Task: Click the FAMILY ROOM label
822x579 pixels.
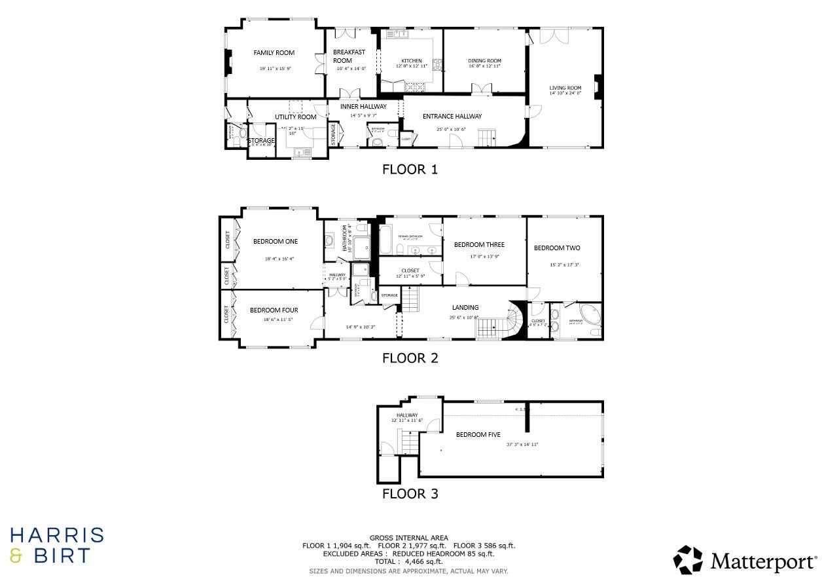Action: pyautogui.click(x=274, y=53)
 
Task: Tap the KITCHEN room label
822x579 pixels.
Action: pyautogui.click(x=412, y=61)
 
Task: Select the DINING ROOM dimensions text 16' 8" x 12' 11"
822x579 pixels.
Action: pyautogui.click(x=484, y=66)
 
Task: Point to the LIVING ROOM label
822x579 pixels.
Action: pyautogui.click(x=565, y=88)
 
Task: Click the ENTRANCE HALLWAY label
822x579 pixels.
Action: pyautogui.click(x=452, y=117)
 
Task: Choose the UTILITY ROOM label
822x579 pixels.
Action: pyautogui.click(x=295, y=117)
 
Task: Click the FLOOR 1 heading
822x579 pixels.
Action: pyautogui.click(x=410, y=170)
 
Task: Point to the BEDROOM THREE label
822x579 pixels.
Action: pyautogui.click(x=479, y=245)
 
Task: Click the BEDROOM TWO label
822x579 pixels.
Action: pyautogui.click(x=557, y=248)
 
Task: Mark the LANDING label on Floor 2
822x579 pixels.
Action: pyautogui.click(x=465, y=307)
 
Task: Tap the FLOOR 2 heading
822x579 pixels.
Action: pyautogui.click(x=410, y=358)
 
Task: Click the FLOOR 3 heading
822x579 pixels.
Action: pyautogui.click(x=410, y=494)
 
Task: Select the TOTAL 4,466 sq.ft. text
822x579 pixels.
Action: pyautogui.click(x=409, y=561)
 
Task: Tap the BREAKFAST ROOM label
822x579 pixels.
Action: pyautogui.click(x=349, y=56)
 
